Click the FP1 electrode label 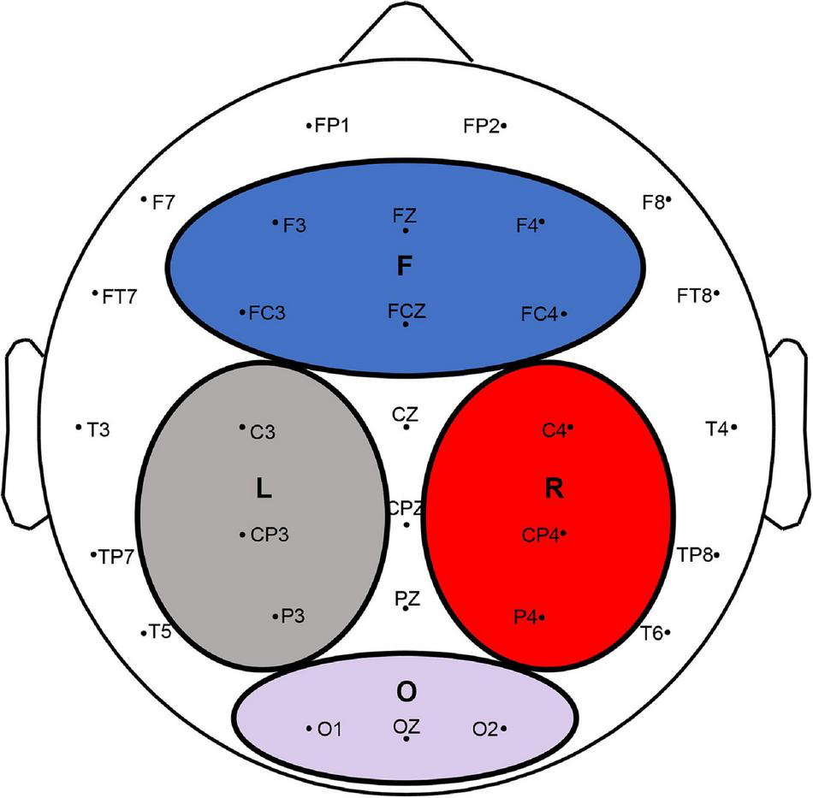(x=331, y=126)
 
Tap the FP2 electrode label (x=481, y=126)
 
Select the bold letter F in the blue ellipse (x=405, y=267)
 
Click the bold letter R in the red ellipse (x=554, y=488)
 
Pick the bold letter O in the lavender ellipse (x=406, y=689)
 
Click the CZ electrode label (x=405, y=415)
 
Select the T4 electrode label (x=715, y=427)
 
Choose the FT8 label (x=694, y=295)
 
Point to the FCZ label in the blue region (x=406, y=310)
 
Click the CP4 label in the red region (x=540, y=535)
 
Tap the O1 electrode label (x=329, y=730)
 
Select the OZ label (x=406, y=725)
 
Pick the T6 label (x=650, y=633)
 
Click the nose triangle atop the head (x=406, y=38)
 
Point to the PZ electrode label (x=407, y=598)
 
